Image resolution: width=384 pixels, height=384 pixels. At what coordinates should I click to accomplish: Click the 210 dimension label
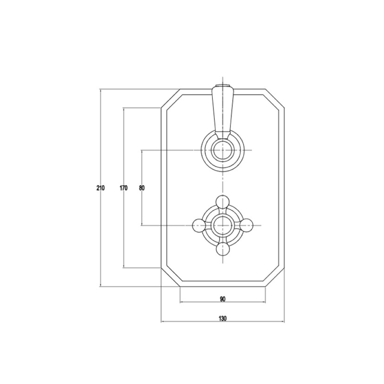[x=100, y=188]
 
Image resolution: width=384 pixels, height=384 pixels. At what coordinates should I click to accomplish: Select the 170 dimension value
[x=123, y=188]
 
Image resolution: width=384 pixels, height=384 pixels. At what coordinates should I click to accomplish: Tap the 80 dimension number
[x=142, y=188]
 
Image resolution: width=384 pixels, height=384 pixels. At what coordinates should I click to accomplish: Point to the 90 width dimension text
[x=223, y=299]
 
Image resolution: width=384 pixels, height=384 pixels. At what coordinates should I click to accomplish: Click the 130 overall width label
[x=223, y=318]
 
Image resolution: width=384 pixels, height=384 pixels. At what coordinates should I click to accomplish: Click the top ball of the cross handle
[x=222, y=201]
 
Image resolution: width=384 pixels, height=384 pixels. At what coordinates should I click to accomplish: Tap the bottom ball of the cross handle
[x=222, y=250]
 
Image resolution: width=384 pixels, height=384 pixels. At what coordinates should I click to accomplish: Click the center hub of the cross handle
[x=222, y=225]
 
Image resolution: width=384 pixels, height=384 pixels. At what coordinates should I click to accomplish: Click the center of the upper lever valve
[x=222, y=150]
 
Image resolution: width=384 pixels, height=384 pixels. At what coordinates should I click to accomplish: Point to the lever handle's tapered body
[x=222, y=109]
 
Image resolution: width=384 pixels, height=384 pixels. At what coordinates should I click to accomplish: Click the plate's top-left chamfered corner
[x=170, y=99]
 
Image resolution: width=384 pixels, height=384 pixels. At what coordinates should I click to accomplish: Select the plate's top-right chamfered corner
[x=275, y=99]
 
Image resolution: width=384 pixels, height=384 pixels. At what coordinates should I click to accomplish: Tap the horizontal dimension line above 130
[x=223, y=322]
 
